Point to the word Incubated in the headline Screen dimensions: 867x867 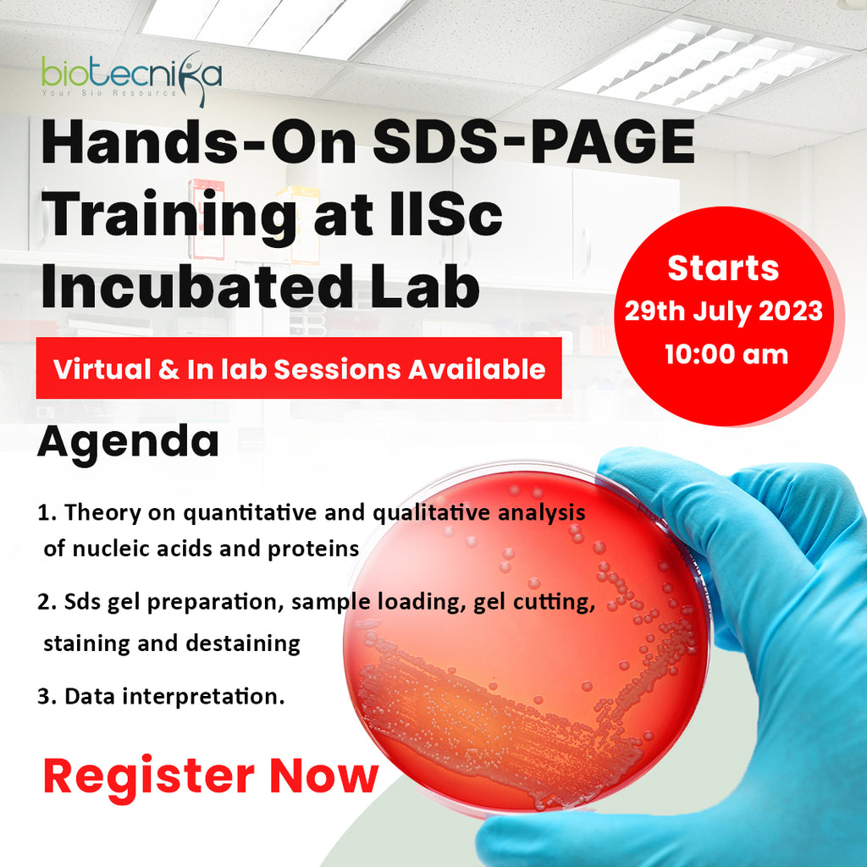coord(182,288)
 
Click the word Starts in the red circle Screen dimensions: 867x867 coord(722,268)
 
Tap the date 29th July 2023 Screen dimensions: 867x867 coord(723,311)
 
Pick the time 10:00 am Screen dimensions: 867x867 coord(726,353)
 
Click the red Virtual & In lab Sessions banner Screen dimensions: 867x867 coord(299,368)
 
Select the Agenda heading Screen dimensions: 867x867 coord(128,442)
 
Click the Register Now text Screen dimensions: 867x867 coord(211,776)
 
